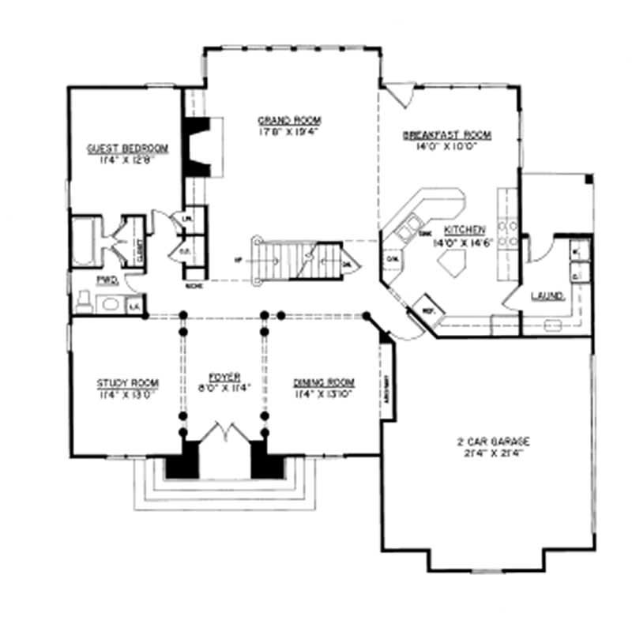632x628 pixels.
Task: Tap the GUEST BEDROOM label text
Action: (127, 148)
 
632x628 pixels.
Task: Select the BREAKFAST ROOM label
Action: (446, 135)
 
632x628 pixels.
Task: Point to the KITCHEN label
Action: (458, 234)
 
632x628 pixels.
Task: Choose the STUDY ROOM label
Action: (122, 383)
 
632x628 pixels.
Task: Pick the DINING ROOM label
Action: (324, 382)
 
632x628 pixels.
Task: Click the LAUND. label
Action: (547, 296)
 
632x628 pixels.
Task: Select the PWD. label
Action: (107, 280)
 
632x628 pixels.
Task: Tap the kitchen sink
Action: (409, 231)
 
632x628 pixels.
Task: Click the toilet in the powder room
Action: (83, 301)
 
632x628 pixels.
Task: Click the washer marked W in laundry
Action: (575, 252)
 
